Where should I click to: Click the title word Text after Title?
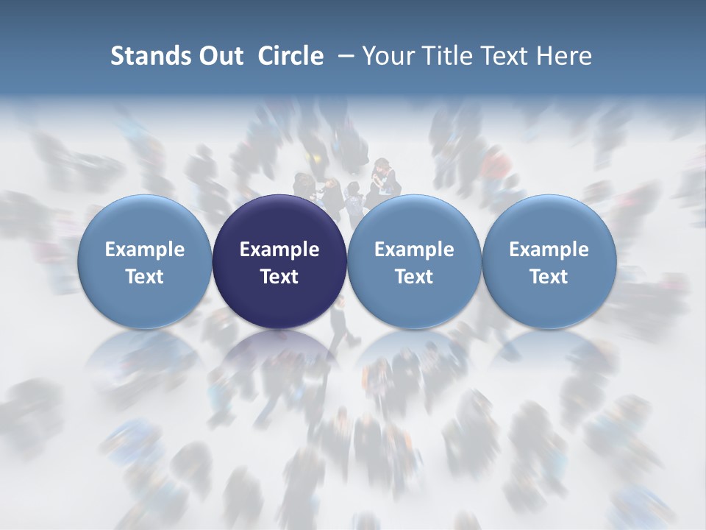510,56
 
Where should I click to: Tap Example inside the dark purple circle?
279,250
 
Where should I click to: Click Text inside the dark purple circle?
279,277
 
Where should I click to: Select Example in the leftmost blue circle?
145,250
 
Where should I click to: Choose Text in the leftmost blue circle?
145,277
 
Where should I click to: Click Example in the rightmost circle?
549,250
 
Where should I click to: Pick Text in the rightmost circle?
549,277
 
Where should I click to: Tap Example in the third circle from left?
414,250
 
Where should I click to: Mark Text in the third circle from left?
414,277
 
